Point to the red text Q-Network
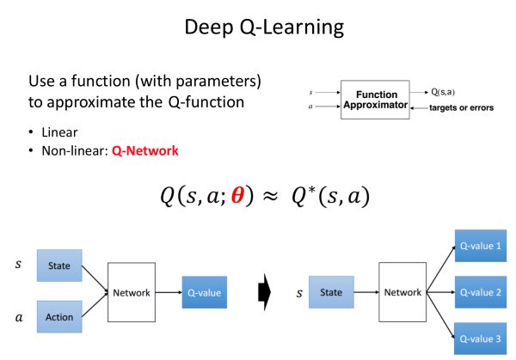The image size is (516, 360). click(x=144, y=150)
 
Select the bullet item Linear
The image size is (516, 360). click(x=59, y=134)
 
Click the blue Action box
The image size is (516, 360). click(x=59, y=316)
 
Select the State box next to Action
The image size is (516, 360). click(x=59, y=266)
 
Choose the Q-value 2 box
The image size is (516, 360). click(x=482, y=292)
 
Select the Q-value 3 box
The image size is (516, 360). click(x=482, y=337)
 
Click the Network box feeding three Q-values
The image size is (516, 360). click(x=403, y=292)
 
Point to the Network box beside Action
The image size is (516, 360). click(x=132, y=292)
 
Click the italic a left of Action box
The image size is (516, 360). click(x=18, y=316)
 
